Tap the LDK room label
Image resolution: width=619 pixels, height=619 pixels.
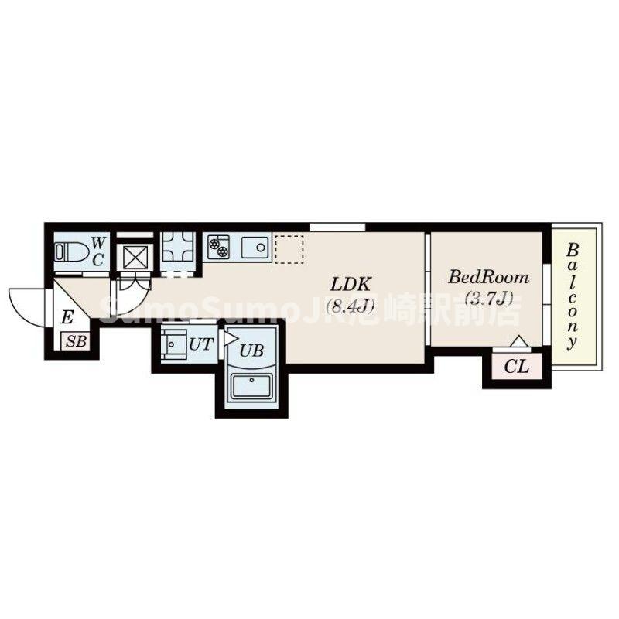tap(351, 284)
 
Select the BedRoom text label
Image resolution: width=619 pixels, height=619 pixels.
tap(488, 278)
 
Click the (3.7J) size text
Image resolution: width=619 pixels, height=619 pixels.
tap(489, 299)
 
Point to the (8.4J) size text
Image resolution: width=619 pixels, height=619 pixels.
tap(351, 305)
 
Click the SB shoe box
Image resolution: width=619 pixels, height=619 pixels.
tap(75, 341)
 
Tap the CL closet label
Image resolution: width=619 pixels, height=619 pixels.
tap(517, 368)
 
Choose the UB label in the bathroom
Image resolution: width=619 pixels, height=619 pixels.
tap(251, 351)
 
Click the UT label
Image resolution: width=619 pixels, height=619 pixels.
tap(201, 344)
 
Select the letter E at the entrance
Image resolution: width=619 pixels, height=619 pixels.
tap(67, 317)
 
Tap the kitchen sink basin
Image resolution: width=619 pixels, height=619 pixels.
tap(255, 248)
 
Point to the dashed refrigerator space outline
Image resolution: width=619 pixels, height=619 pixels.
tap(289, 249)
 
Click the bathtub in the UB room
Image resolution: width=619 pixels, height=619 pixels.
tap(251, 386)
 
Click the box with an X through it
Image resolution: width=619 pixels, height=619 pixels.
tap(135, 258)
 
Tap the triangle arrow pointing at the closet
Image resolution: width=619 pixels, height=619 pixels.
tap(518, 341)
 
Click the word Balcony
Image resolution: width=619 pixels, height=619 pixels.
tap(573, 297)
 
